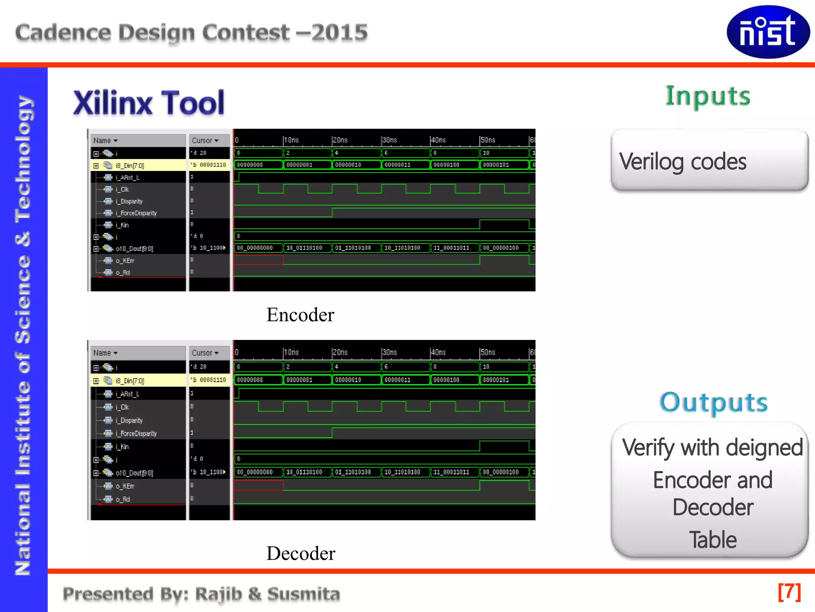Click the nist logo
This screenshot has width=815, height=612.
click(768, 32)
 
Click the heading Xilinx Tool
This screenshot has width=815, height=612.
click(149, 103)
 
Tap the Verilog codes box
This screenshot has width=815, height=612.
click(709, 161)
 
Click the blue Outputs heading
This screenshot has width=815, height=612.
click(714, 402)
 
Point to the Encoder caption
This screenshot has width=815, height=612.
click(300, 315)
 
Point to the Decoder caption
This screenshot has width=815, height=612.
click(301, 553)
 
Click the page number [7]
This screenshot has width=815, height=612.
click(789, 592)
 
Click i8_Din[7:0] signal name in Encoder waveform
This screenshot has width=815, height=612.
click(130, 165)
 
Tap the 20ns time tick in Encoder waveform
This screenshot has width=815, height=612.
click(340, 140)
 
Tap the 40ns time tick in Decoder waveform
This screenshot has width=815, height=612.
click(438, 352)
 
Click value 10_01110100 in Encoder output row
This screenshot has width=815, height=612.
click(304, 248)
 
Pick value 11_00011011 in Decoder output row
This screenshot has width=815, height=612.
click(451, 472)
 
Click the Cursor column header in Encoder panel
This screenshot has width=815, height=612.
click(205, 141)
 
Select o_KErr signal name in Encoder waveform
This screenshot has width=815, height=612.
click(125, 261)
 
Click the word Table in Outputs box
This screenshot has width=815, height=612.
click(713, 540)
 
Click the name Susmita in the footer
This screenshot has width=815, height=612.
click(303, 594)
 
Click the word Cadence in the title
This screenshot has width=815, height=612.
click(63, 33)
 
